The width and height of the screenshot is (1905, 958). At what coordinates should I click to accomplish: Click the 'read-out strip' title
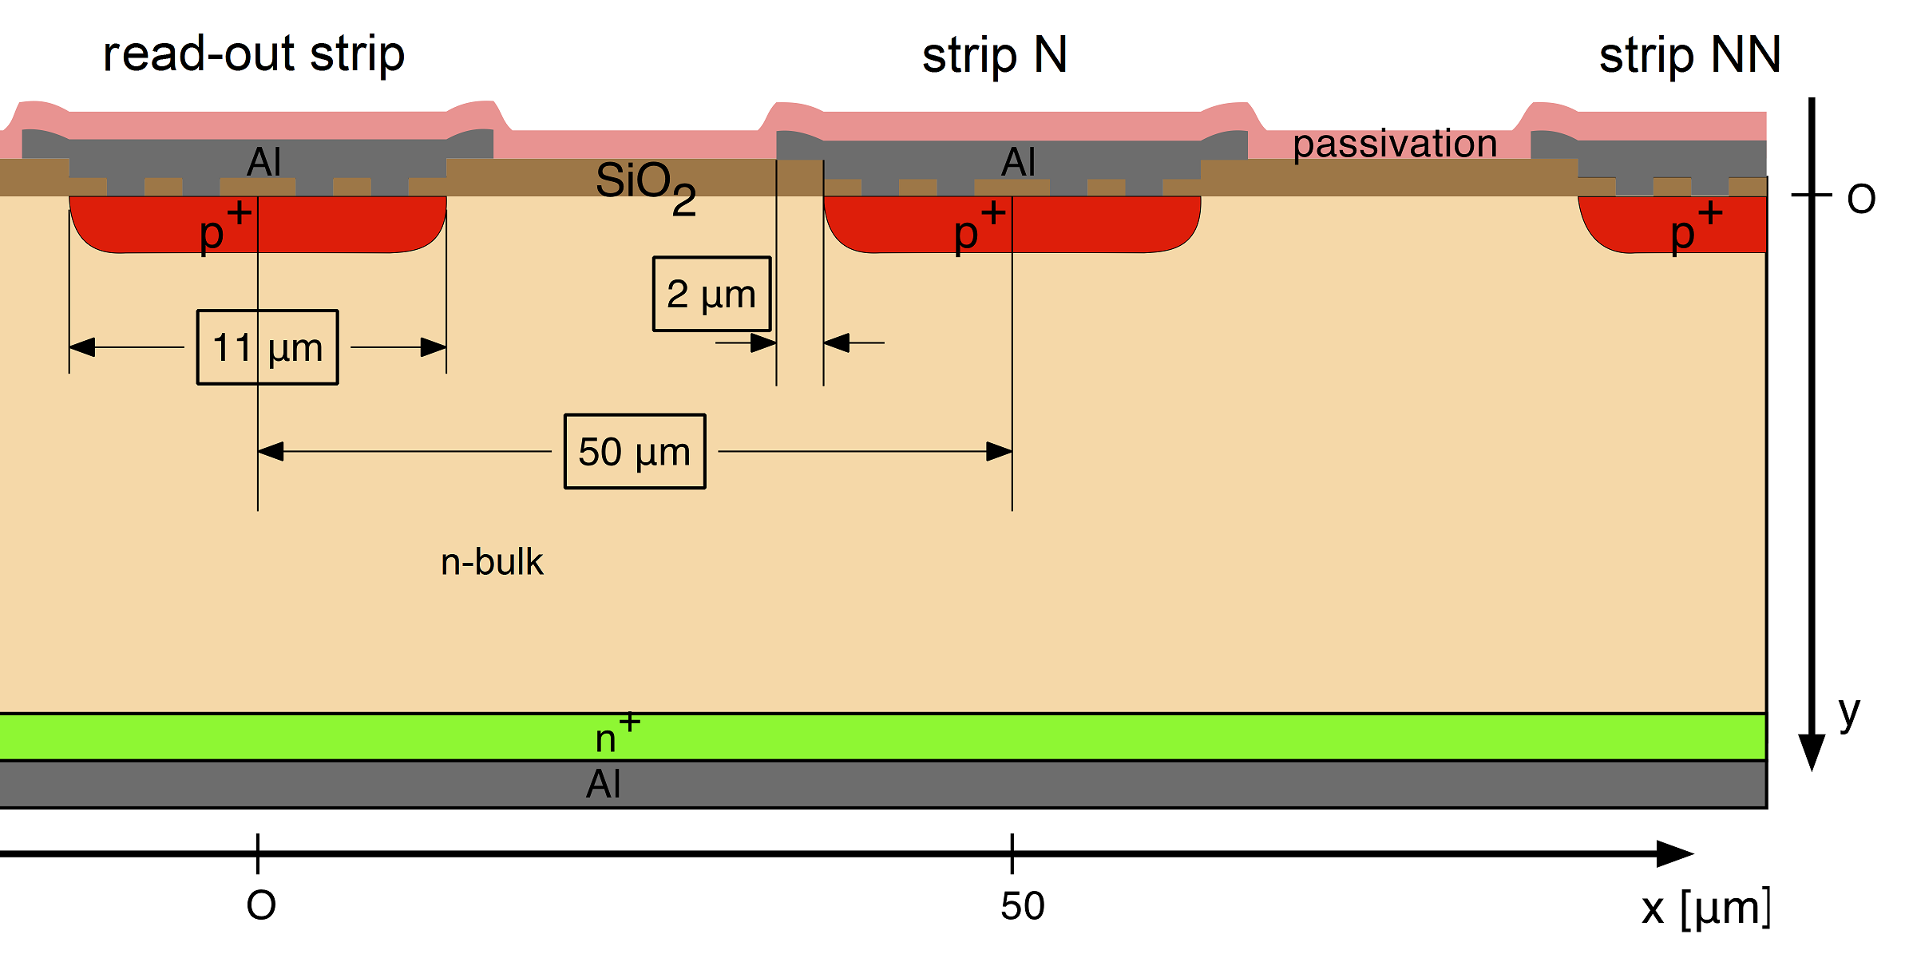click(254, 54)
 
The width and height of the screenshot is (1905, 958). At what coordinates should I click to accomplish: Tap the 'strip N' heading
click(994, 56)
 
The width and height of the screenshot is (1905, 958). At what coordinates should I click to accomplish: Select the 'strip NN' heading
click(1689, 56)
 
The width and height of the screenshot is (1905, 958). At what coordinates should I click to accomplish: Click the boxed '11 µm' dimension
click(267, 347)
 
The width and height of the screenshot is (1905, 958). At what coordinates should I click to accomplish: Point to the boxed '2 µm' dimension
click(711, 294)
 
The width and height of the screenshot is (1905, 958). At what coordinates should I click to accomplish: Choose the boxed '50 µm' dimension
click(635, 451)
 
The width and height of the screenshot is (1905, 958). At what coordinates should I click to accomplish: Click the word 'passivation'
click(1394, 144)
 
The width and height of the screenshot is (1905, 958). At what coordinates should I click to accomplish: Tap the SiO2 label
click(645, 185)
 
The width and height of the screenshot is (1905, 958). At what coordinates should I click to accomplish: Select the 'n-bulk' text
click(492, 562)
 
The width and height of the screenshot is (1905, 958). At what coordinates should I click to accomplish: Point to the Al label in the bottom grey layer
click(603, 784)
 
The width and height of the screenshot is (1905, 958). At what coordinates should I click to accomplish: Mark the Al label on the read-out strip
click(263, 162)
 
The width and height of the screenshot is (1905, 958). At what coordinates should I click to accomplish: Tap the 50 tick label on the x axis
click(1022, 906)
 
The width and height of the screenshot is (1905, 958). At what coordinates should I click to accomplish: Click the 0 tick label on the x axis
click(261, 906)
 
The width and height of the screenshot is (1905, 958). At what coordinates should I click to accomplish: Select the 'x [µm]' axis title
click(1705, 909)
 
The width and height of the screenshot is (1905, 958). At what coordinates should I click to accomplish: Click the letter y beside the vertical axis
click(1849, 712)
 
